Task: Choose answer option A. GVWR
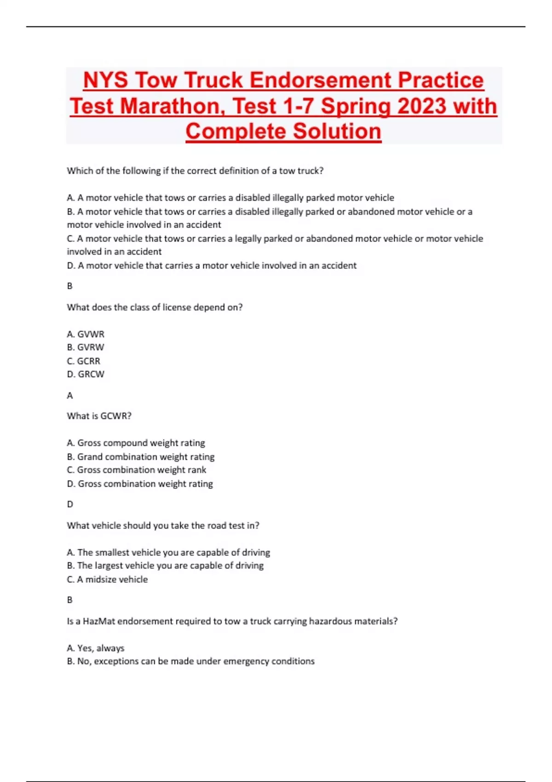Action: (x=86, y=334)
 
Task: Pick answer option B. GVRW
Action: (x=86, y=347)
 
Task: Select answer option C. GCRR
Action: (x=84, y=361)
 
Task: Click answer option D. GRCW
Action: (x=86, y=374)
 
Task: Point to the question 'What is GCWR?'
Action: (x=99, y=416)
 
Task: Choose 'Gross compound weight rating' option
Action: (x=136, y=443)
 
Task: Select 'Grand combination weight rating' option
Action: (x=141, y=457)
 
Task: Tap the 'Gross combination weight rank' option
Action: (x=137, y=470)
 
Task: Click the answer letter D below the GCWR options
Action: (x=70, y=504)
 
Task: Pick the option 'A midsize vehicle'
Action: (x=108, y=580)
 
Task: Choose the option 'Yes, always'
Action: (x=96, y=648)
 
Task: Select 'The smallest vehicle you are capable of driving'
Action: (x=168, y=552)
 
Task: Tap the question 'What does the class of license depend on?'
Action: (x=155, y=307)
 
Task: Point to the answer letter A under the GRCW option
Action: (x=70, y=396)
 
